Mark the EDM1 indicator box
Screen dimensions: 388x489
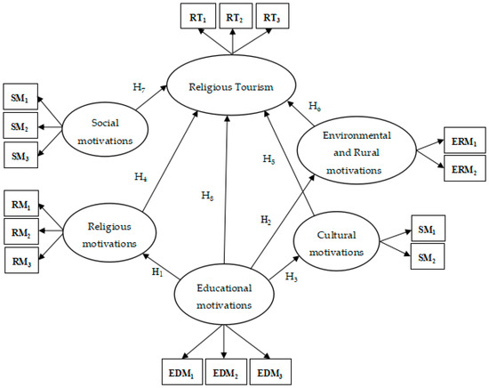pyautogui.click(x=181, y=369)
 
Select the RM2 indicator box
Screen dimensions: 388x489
pyautogui.click(x=21, y=233)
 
